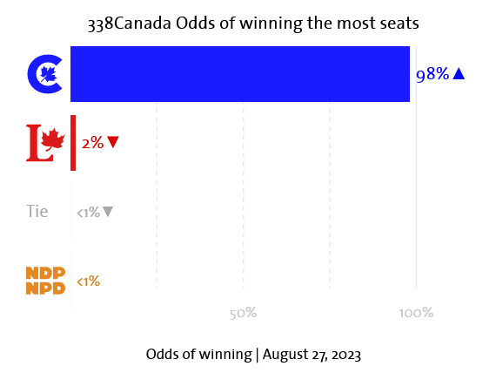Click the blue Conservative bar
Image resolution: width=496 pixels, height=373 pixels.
(x=239, y=74)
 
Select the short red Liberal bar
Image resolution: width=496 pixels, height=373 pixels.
(x=73, y=142)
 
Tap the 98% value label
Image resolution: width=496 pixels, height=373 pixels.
(x=432, y=75)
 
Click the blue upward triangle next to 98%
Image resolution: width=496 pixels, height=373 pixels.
(x=459, y=74)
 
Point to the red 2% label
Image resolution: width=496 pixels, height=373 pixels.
(x=92, y=142)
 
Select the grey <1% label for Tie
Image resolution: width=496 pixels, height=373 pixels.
(x=88, y=212)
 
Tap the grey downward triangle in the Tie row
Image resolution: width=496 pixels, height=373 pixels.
(x=108, y=211)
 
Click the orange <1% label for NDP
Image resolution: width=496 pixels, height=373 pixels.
(x=88, y=281)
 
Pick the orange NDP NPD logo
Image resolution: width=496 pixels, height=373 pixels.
(x=46, y=281)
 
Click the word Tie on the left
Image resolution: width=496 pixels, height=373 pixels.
(x=37, y=211)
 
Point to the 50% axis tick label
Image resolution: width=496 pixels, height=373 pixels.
(x=243, y=313)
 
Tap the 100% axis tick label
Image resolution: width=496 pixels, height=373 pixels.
(x=415, y=313)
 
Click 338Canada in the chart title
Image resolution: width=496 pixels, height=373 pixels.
(x=129, y=24)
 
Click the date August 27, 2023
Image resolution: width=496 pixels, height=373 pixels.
(x=311, y=354)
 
